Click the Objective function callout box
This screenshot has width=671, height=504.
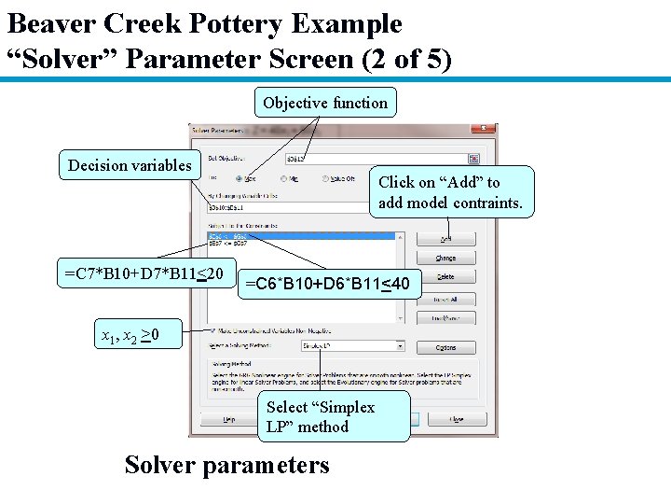tap(325, 103)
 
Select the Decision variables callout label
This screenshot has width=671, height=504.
tap(130, 165)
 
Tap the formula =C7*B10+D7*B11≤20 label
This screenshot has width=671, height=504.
tap(144, 273)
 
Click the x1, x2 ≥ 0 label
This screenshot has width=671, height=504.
tap(130, 335)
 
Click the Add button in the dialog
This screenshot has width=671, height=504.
tap(445, 239)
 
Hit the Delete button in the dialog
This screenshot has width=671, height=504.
tap(445, 277)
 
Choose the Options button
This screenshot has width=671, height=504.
tap(445, 348)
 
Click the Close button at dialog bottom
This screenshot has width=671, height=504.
tap(456, 420)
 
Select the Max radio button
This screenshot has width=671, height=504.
tap(240, 178)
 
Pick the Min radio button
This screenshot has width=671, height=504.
tap(283, 178)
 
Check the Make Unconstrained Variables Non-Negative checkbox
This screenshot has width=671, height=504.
tap(214, 330)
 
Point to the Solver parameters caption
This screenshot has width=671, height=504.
tap(226, 464)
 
